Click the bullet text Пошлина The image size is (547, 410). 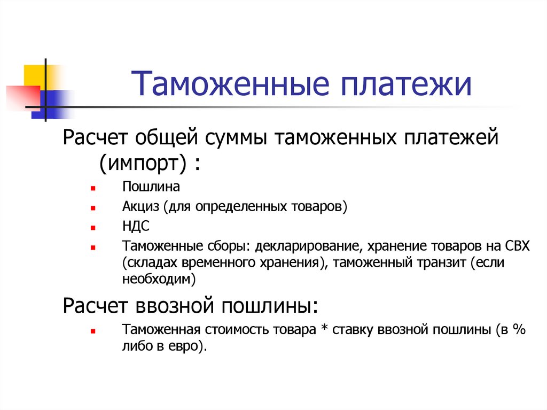pos(151,187)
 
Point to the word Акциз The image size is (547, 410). pos(138,206)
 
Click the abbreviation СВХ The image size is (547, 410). pos(517,246)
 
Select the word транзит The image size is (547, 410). pos(445,262)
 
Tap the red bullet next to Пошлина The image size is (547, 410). pos(92,189)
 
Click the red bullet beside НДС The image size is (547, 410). pos(92,228)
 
